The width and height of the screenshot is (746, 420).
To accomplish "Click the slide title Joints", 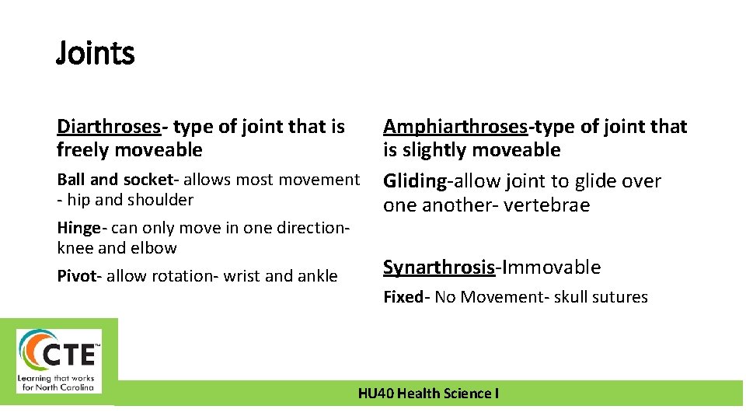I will click(x=95, y=54).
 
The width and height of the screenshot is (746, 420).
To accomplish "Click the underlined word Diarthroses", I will click(x=108, y=126).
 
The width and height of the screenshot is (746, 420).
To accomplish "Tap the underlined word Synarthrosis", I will click(x=438, y=268).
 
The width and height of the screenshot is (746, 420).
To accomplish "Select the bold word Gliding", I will click(x=415, y=181).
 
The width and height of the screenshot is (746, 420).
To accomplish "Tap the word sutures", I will click(x=620, y=297).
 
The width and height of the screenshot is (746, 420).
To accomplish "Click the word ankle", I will click(x=316, y=276).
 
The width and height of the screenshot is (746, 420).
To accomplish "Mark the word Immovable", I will click(x=550, y=268).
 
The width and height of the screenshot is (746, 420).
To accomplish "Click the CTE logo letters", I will click(x=69, y=355).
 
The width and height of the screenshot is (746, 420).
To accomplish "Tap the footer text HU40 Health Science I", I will click(x=428, y=394).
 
